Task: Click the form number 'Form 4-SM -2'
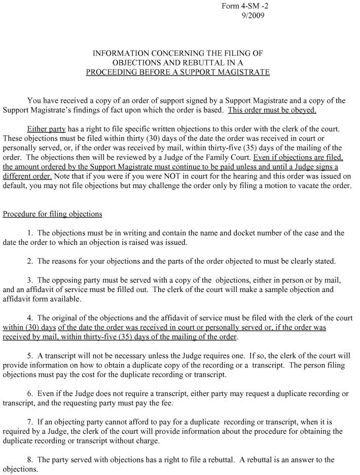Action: pos(243,6)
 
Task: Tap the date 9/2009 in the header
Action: pos(253,15)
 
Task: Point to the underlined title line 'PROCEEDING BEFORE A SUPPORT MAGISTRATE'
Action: pos(177,72)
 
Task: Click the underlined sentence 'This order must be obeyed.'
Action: pos(272,110)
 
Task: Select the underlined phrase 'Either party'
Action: pos(47,129)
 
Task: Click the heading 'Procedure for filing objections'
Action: pos(53,214)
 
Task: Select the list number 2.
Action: pos(30,262)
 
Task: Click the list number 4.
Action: pos(30,318)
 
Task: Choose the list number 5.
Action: pos(30,356)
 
